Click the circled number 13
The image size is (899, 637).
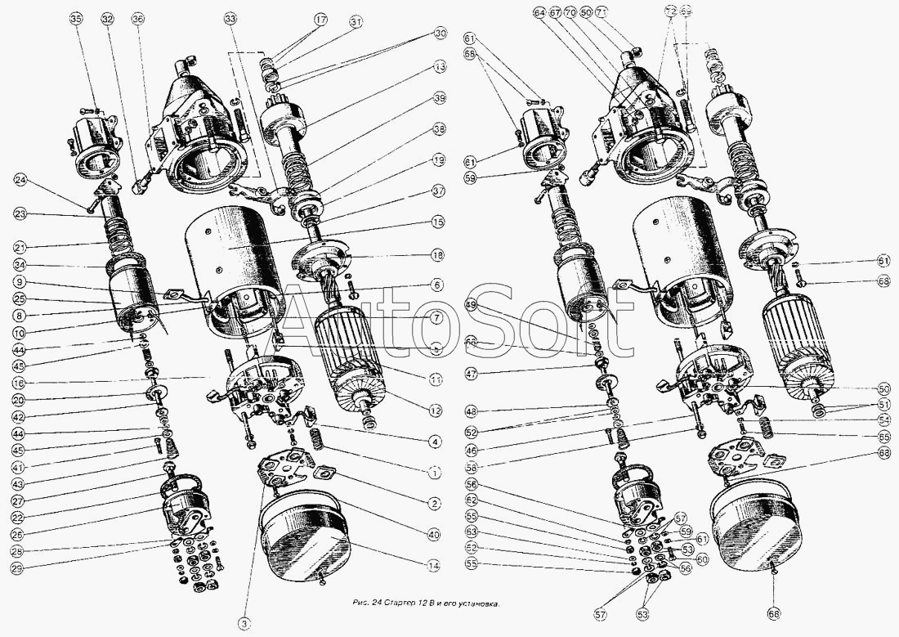coord(440,65)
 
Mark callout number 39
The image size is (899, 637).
coord(440,98)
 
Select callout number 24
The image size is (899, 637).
coord(20,181)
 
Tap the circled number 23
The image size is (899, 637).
coord(20,214)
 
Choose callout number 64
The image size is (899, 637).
coord(539,13)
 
